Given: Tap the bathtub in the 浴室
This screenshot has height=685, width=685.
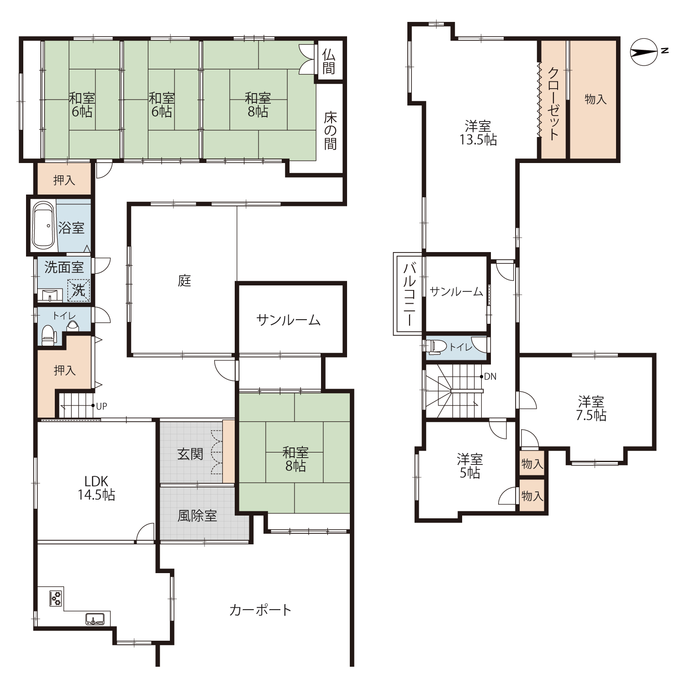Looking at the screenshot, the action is [44, 225].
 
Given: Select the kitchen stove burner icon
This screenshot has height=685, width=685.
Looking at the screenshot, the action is [56, 598].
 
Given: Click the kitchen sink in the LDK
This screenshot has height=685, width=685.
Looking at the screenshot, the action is [95, 619].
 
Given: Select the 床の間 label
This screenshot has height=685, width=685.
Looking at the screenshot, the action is [330, 131].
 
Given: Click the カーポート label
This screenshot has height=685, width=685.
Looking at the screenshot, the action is [260, 610].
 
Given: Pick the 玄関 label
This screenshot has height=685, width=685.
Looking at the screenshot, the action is [190, 454].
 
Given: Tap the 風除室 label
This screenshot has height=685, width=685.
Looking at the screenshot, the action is [197, 516].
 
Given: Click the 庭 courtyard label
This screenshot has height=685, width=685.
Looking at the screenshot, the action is [184, 280].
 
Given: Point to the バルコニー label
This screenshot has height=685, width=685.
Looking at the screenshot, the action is [409, 294].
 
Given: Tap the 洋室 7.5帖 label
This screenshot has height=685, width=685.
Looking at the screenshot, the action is [591, 409].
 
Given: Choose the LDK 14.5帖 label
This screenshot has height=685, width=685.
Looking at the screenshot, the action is [96, 488].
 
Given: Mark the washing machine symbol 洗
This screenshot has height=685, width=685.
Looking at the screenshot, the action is [79, 290].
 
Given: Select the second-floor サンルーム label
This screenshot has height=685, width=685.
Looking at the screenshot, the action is [456, 291].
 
